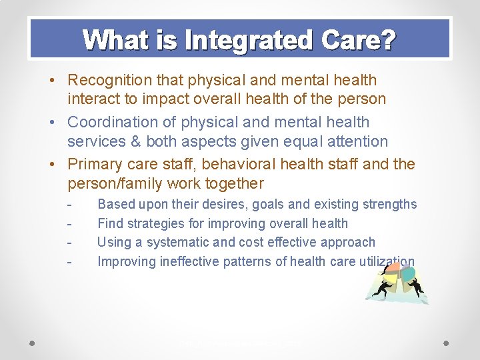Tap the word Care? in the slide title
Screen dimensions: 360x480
357,41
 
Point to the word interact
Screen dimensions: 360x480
92,99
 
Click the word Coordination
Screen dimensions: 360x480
112,123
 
